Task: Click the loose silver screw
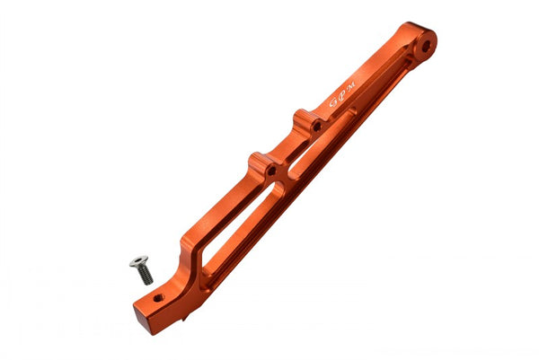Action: click(141, 267)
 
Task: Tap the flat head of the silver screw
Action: click(138, 261)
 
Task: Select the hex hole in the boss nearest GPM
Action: click(315, 126)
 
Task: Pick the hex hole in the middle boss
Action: click(269, 168)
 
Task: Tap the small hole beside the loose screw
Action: click(158, 297)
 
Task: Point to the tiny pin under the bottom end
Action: click(183, 317)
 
